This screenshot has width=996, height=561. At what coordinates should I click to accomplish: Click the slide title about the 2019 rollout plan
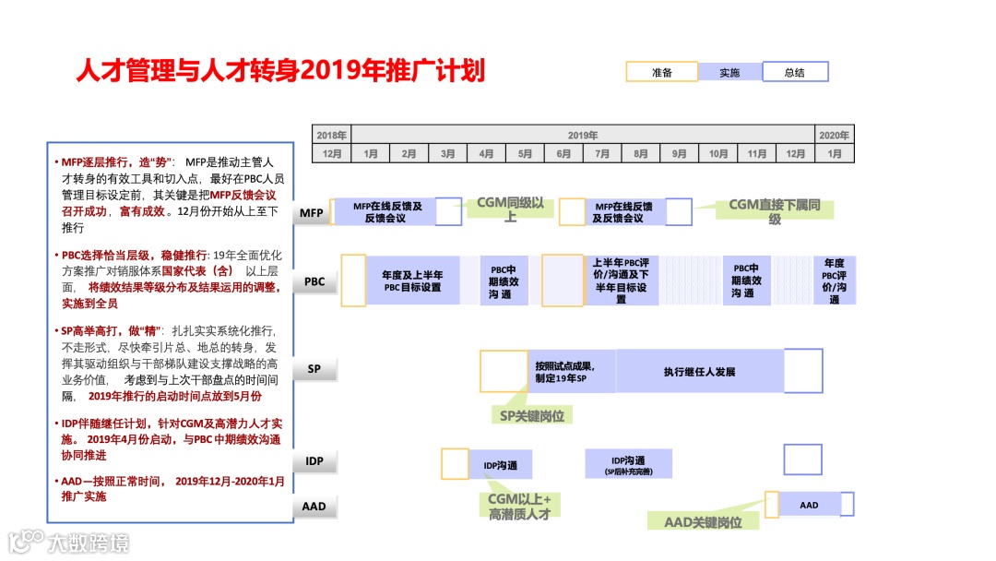pyautogui.click(x=279, y=71)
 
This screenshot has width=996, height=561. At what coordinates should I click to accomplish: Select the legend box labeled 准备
pyautogui.click(x=661, y=72)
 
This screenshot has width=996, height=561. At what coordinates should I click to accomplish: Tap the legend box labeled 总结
pyautogui.click(x=795, y=72)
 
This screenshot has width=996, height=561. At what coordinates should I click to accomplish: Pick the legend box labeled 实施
pyautogui.click(x=729, y=72)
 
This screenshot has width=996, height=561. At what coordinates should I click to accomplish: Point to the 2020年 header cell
pyautogui.click(x=835, y=135)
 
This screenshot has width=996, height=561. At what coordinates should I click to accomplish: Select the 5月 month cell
pyautogui.click(x=525, y=154)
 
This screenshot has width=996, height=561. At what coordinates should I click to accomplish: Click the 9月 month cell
pyautogui.click(x=680, y=154)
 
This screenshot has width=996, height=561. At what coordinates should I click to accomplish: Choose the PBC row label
pyautogui.click(x=314, y=281)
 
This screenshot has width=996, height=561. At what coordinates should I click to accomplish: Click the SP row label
pyautogui.click(x=314, y=369)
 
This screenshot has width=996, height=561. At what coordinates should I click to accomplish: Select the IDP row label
pyautogui.click(x=314, y=460)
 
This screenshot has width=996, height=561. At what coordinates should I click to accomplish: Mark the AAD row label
pyautogui.click(x=314, y=507)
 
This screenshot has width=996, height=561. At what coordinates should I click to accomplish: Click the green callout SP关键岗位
pyautogui.click(x=531, y=415)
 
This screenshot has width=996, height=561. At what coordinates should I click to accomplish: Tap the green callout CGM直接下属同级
pyautogui.click(x=775, y=212)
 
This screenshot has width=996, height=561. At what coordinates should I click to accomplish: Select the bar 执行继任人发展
pyautogui.click(x=699, y=372)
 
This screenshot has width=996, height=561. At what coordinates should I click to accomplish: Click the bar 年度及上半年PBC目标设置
pyautogui.click(x=412, y=280)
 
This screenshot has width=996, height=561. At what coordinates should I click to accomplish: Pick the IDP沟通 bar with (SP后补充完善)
pyautogui.click(x=628, y=464)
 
